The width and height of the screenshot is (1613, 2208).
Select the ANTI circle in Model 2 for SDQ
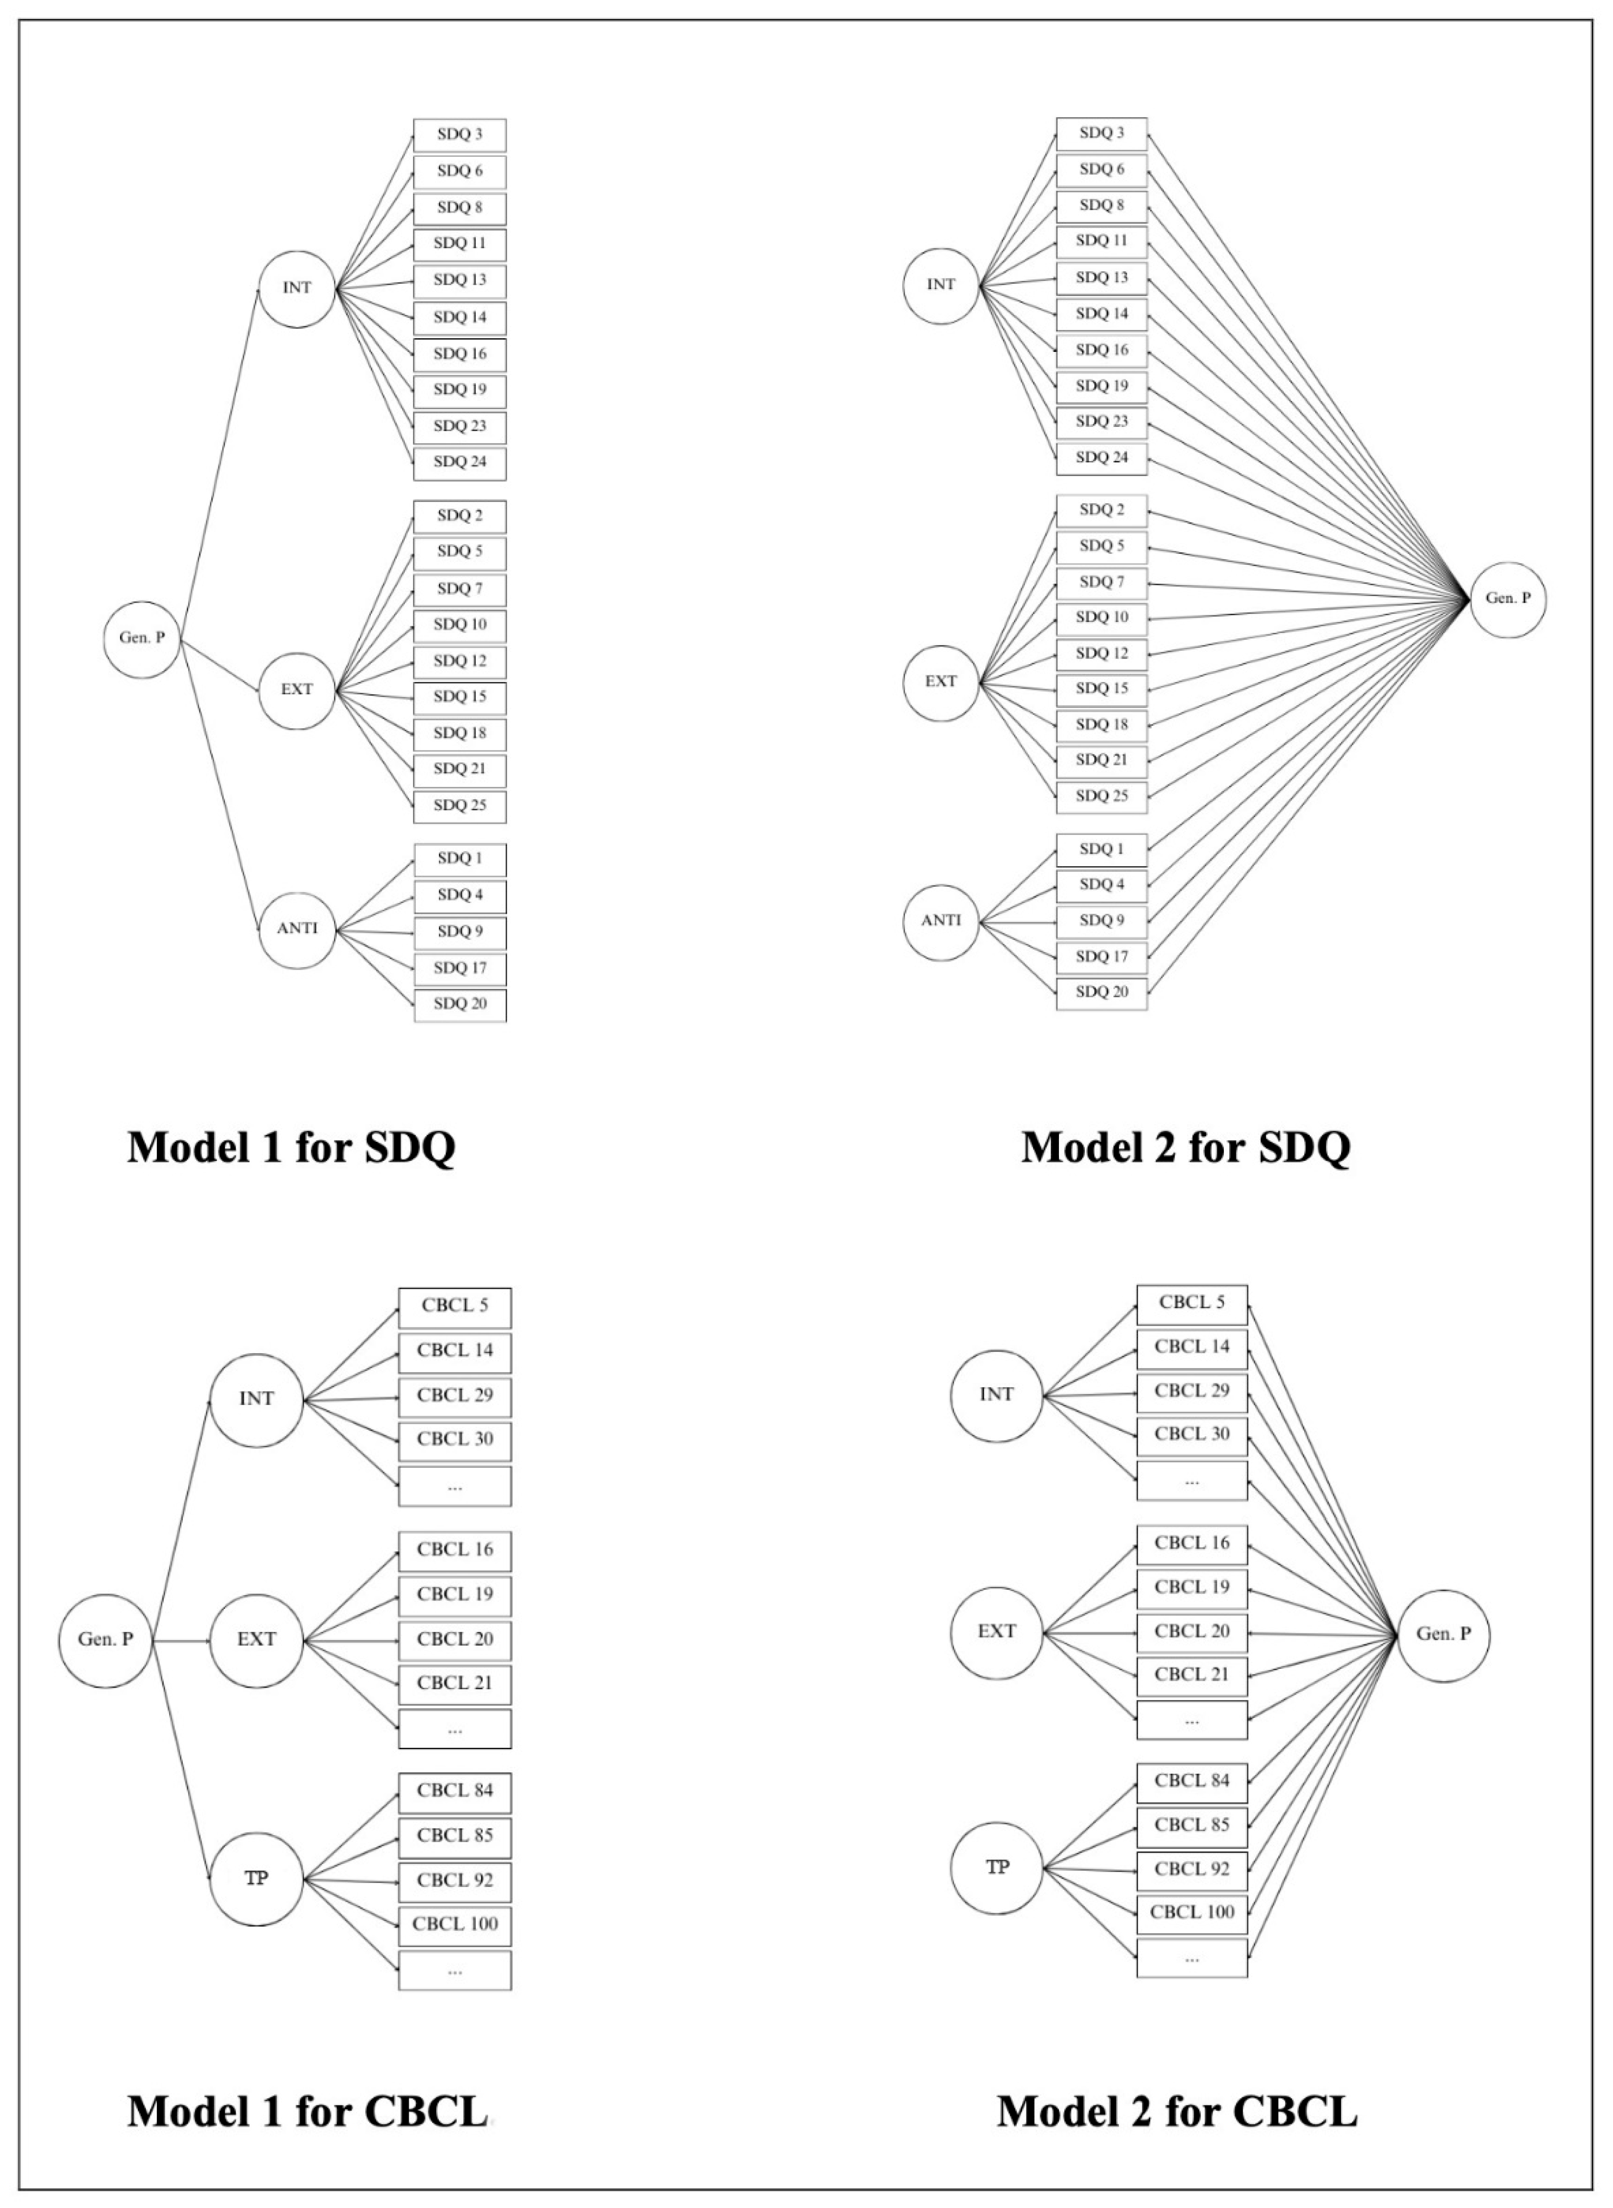tap(940, 920)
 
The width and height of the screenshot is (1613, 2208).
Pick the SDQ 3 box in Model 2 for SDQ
tap(1102, 133)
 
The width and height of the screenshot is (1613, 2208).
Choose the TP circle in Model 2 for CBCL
tap(997, 1868)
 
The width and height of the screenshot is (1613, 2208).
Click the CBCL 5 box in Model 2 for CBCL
tap(1191, 1303)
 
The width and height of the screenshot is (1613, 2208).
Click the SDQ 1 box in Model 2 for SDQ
tap(1102, 850)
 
